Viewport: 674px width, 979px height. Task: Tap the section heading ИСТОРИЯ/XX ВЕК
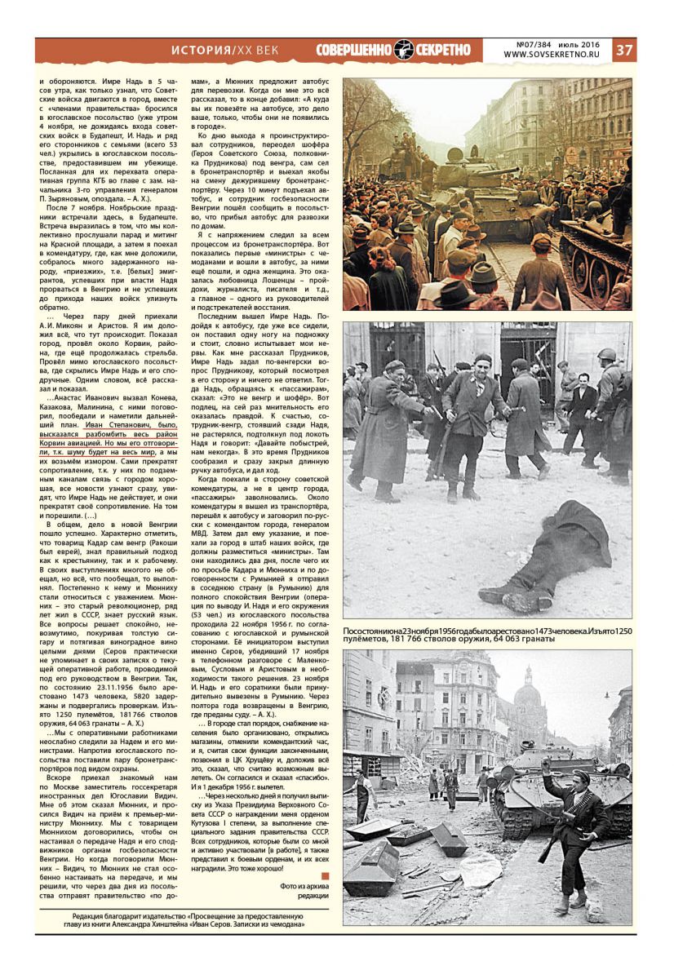point(224,51)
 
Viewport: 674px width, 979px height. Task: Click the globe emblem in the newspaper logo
point(404,50)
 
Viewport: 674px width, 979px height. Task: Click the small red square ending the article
point(325,876)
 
